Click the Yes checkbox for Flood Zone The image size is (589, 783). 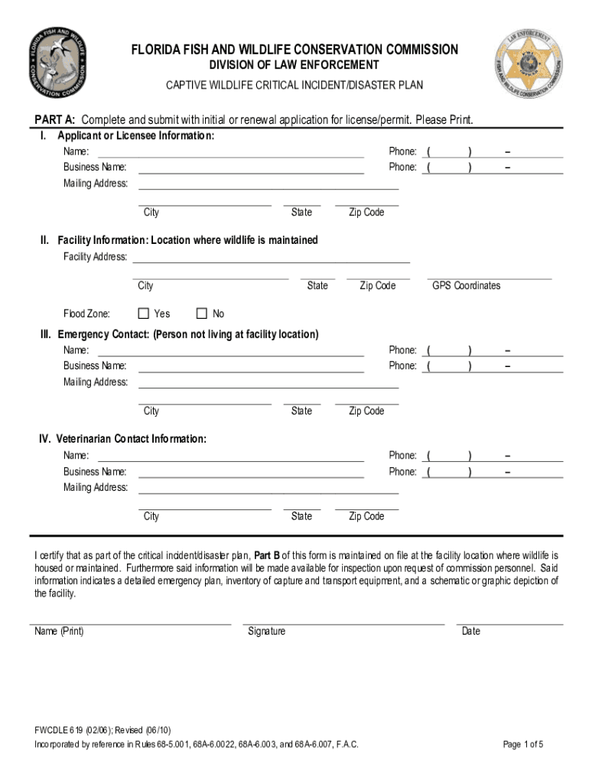pos(143,314)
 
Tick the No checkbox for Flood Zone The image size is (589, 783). pos(202,314)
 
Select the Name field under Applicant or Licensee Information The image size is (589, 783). pos(230,151)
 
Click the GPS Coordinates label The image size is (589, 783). pos(466,286)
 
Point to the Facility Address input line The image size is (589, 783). pos(271,256)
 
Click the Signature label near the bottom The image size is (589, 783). pos(266,632)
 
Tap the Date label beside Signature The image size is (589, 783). pos(471,632)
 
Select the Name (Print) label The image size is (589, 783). pos(59,632)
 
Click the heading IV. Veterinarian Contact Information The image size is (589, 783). pos(123,439)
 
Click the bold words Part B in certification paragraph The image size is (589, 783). pos(267,555)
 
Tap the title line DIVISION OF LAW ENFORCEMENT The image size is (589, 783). pos(294,65)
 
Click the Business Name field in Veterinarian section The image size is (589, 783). pos(250,472)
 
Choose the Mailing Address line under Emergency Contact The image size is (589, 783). pos(268,382)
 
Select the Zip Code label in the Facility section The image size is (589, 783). pos(377,286)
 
